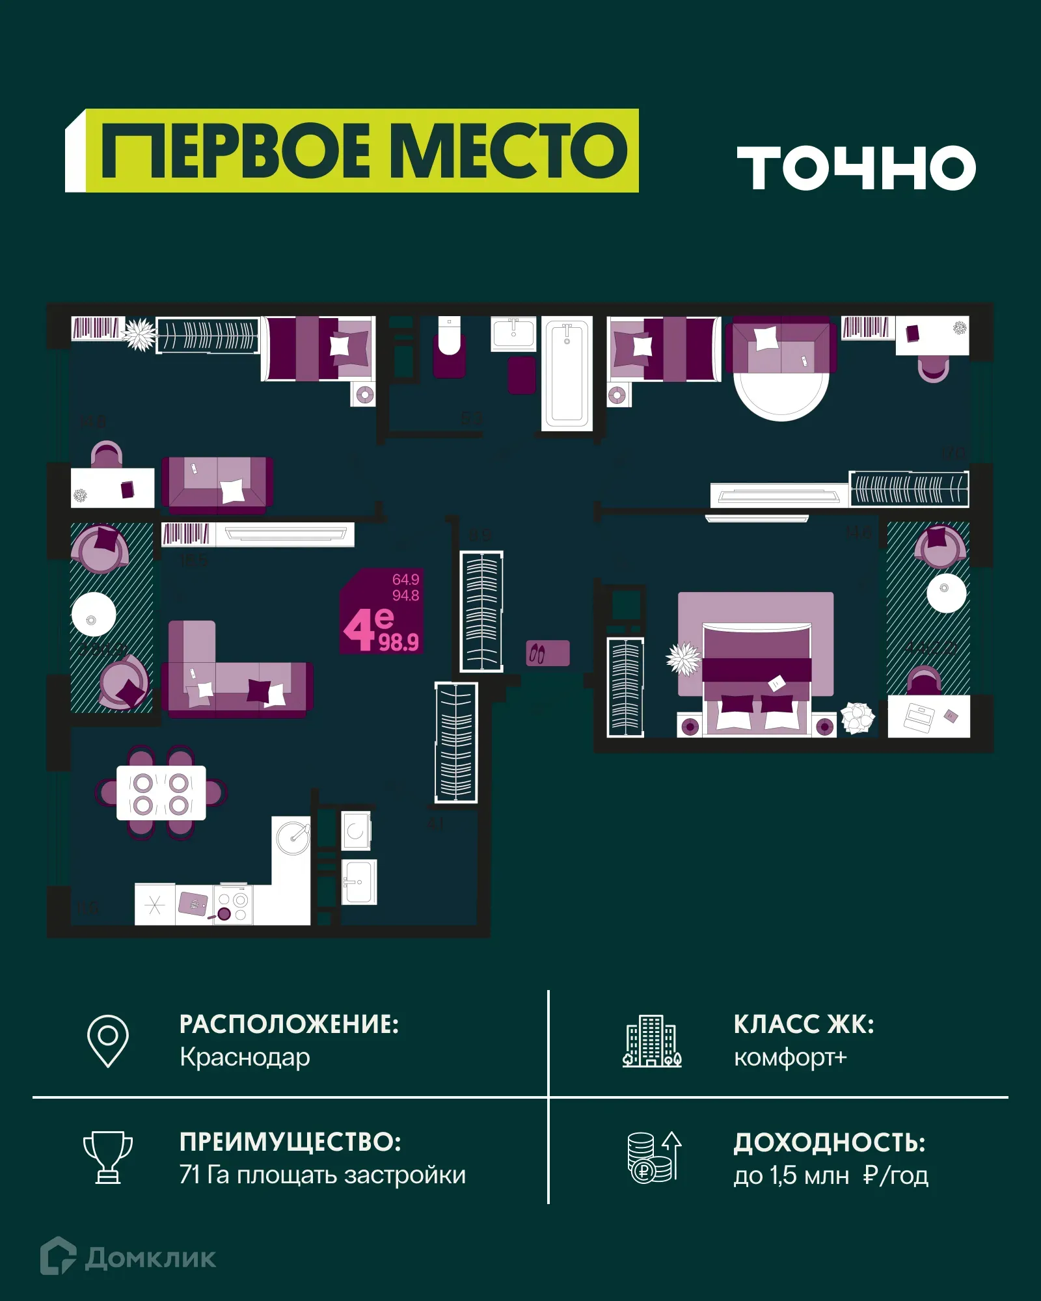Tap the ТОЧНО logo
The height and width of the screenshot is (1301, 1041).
pyautogui.click(x=856, y=168)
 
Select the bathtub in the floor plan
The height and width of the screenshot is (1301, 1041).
pyautogui.click(x=567, y=374)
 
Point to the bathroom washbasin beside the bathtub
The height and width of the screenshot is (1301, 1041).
pyautogui.click(x=513, y=333)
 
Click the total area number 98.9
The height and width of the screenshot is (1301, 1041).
pyautogui.click(x=399, y=643)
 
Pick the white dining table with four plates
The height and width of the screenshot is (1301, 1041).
pyautogui.click(x=161, y=793)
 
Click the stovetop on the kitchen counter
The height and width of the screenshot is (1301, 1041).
pyautogui.click(x=233, y=905)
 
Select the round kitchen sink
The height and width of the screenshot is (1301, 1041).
pyautogui.click(x=293, y=837)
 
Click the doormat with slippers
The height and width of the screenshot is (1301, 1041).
pyautogui.click(x=548, y=653)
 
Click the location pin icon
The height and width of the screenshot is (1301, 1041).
pyautogui.click(x=108, y=1041)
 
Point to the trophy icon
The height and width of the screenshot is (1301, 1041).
pyautogui.click(x=108, y=1158)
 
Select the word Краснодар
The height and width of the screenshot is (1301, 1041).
pyautogui.click(x=245, y=1057)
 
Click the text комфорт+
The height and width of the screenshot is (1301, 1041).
pyautogui.click(x=790, y=1057)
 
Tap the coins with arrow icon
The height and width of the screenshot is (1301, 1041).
pyautogui.click(x=654, y=1158)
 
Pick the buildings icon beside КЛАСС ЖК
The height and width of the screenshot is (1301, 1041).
pyautogui.click(x=652, y=1041)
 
